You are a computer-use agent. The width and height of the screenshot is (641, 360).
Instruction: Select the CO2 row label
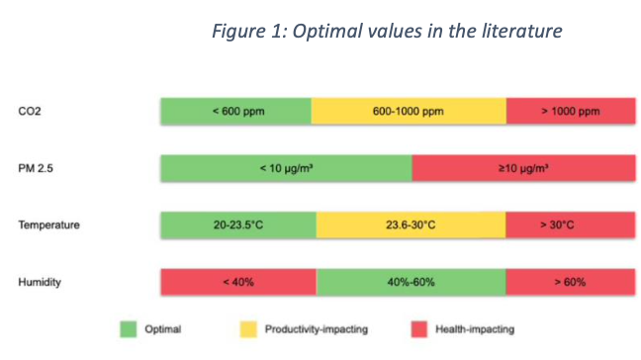[30, 111]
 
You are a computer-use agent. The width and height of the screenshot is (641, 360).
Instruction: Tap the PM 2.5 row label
[36, 168]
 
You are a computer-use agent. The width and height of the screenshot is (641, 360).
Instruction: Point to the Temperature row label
[48, 225]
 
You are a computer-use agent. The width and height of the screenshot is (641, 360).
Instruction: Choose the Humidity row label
[40, 282]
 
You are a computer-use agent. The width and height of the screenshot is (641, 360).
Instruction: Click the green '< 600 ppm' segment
[235, 111]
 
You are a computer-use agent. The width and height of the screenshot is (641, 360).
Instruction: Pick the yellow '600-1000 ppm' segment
[409, 111]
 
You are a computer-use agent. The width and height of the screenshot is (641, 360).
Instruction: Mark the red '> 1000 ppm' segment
[571, 111]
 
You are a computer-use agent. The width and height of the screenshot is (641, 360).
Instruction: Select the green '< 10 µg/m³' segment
[287, 168]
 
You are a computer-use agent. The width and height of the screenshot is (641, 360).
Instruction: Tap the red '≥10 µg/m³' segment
[524, 168]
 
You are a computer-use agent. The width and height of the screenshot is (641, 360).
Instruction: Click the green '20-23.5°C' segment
[238, 225]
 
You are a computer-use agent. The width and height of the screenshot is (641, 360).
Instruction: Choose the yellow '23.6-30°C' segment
[411, 225]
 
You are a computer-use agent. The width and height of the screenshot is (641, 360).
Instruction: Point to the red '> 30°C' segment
[571, 225]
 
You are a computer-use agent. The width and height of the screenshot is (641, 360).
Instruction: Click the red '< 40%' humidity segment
[238, 282]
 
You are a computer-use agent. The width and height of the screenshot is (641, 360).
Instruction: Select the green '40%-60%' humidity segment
[411, 282]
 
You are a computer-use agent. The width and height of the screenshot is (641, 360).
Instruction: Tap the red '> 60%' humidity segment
[571, 282]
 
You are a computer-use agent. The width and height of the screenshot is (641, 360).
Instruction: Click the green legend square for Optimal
[129, 329]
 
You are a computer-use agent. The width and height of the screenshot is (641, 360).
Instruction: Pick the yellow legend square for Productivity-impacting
[248, 329]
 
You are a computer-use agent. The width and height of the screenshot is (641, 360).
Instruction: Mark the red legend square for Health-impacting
[419, 329]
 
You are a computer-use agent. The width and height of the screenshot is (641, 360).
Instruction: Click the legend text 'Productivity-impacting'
[317, 329]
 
